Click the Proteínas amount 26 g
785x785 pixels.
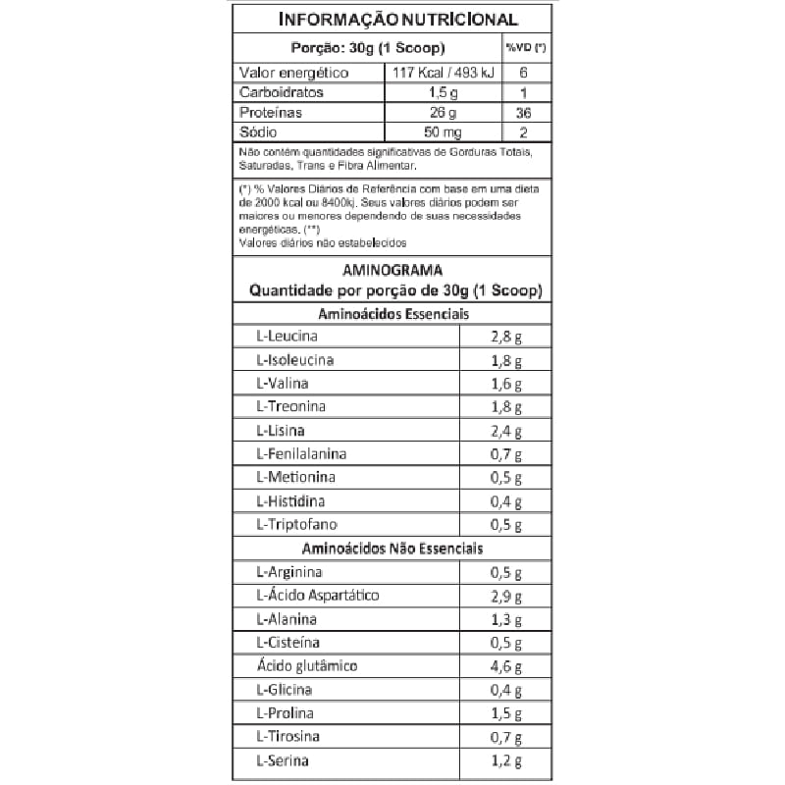(x=444, y=112)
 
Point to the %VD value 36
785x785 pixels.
(x=524, y=113)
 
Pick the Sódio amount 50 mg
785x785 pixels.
(x=444, y=132)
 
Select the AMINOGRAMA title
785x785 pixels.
(x=392, y=270)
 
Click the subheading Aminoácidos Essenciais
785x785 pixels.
(x=392, y=314)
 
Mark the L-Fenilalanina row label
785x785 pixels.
(x=301, y=454)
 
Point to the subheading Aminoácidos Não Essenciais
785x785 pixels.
(x=392, y=549)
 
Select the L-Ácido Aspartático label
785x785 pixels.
(x=317, y=596)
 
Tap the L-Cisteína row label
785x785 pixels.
(x=289, y=643)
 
